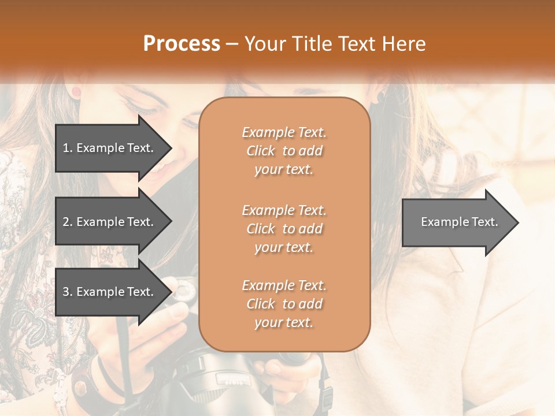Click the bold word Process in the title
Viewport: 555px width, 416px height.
coord(182,44)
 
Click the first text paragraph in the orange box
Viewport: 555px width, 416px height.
coord(284,151)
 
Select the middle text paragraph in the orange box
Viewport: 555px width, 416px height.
coord(284,229)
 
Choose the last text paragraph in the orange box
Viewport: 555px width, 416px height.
coord(284,304)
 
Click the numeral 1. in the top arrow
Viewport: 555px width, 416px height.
coord(67,148)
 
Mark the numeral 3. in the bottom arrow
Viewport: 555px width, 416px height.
coord(67,292)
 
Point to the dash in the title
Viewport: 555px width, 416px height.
coord(232,44)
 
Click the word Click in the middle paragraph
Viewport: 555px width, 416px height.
coord(260,229)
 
